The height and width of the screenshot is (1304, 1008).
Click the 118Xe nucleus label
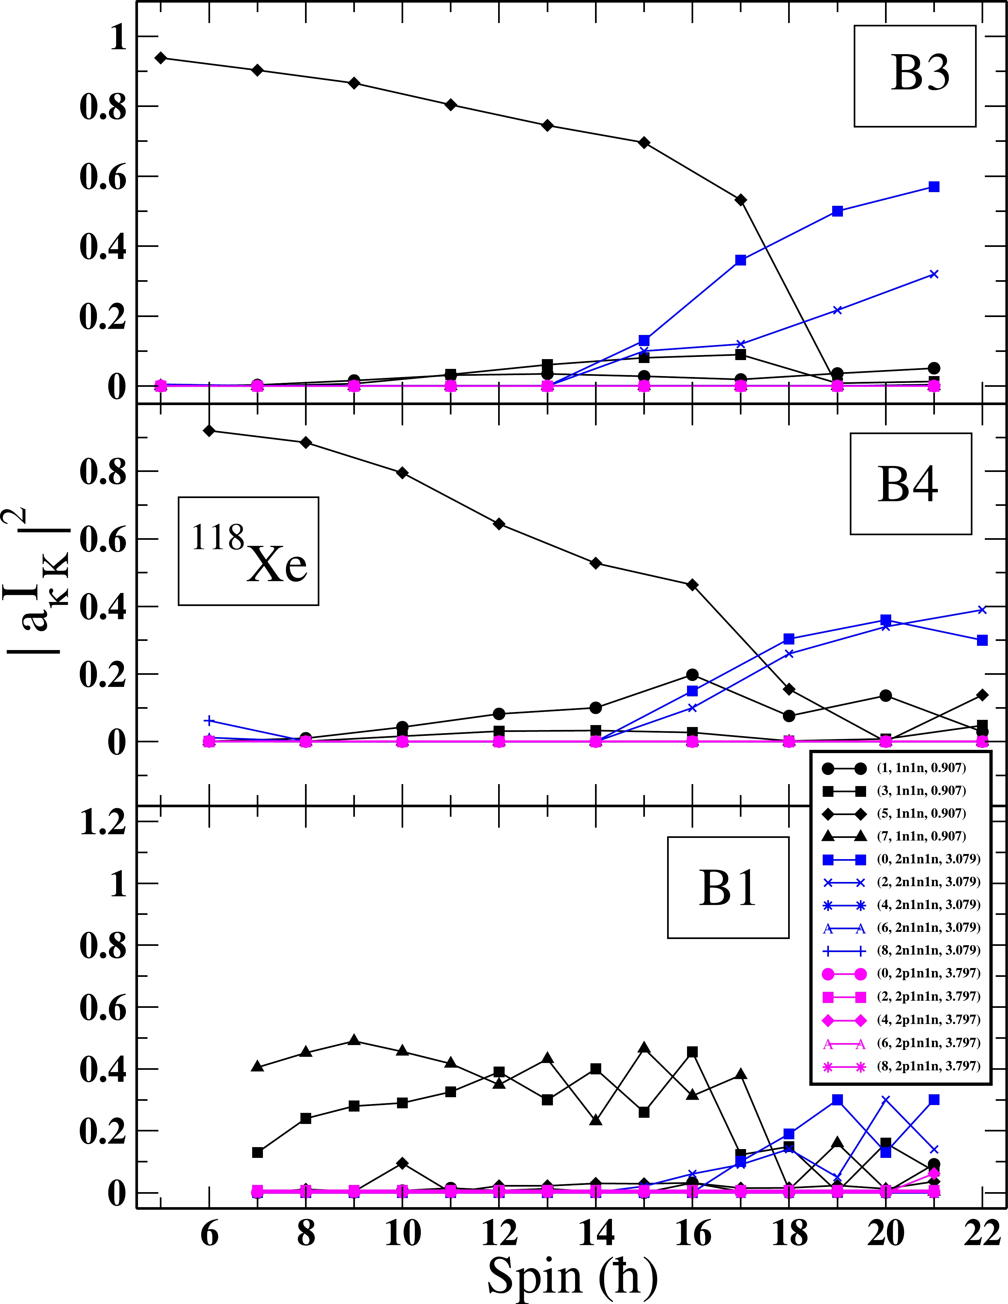click(x=249, y=551)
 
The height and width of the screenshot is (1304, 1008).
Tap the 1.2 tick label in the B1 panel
click(x=103, y=823)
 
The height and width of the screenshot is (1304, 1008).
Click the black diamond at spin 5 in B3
click(x=160, y=58)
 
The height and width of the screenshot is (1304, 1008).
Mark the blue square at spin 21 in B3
click(x=934, y=187)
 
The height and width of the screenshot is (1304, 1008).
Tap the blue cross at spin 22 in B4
click(x=982, y=610)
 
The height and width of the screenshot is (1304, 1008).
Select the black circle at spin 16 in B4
click(x=693, y=675)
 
